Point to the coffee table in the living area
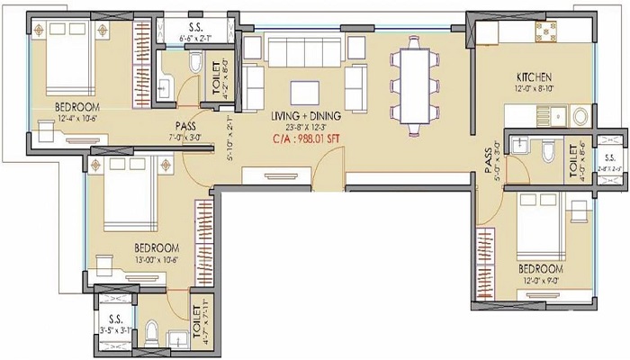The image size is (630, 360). coord(303,91)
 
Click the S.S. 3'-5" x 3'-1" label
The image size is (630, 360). coord(116,323)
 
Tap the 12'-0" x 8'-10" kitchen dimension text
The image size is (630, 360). coord(536,89)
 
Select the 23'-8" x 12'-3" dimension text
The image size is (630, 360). coord(305,128)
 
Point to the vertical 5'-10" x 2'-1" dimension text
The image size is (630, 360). coord(229,139)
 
